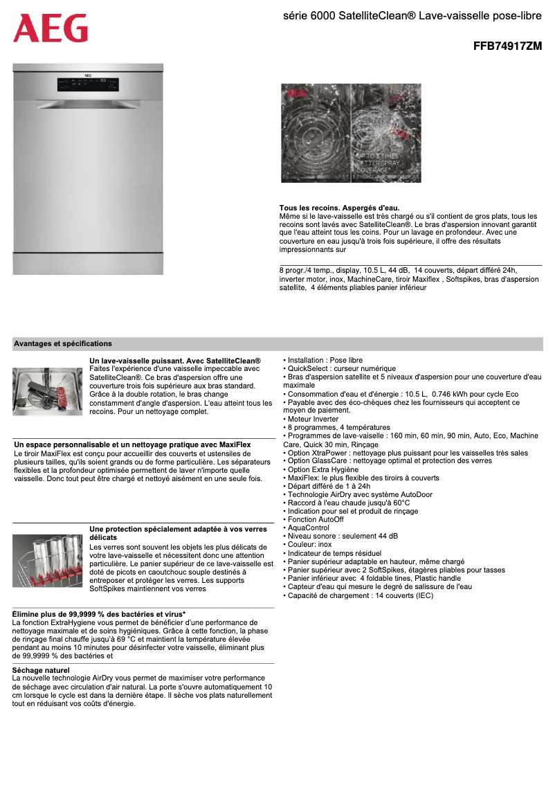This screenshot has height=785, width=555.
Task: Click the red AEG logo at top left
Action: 51,28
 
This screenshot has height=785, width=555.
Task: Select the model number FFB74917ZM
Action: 507,47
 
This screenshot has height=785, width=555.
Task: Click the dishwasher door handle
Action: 89,105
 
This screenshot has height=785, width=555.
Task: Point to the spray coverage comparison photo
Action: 351,133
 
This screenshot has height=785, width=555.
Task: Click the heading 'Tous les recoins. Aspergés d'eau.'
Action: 339,208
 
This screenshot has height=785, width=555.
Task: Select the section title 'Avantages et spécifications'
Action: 63,343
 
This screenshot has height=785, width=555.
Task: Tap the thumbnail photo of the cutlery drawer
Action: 47,391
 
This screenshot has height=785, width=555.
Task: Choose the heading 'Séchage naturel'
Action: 41,670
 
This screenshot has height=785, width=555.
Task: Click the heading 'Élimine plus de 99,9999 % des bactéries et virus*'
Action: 99,614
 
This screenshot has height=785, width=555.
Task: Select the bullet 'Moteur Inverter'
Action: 313,419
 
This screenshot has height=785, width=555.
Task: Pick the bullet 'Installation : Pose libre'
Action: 325,360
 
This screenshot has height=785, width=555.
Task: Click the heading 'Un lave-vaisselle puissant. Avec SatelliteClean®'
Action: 175,361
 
